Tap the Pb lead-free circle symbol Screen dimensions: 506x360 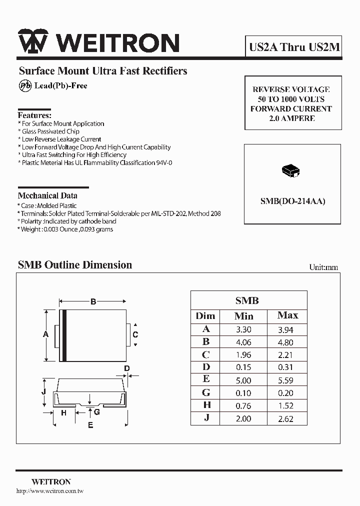pyautogui.click(x=25, y=86)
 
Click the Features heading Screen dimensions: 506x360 pyautogui.click(x=34, y=114)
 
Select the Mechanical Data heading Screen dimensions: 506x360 pyautogui.click(x=47, y=195)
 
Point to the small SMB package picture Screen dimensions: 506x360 pyautogui.click(x=292, y=170)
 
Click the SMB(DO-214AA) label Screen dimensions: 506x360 pyautogui.click(x=292, y=201)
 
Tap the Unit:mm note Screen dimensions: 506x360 pyautogui.click(x=323, y=267)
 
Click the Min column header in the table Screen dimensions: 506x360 pyautogui.click(x=243, y=316)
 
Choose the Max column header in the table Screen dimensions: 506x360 pyautogui.click(x=287, y=315)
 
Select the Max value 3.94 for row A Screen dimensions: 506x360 pyautogui.click(x=285, y=329)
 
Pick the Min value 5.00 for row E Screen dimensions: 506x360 pyautogui.click(x=243, y=380)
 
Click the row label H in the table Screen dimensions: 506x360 pyautogui.click(x=206, y=405)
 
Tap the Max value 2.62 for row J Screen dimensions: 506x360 pyautogui.click(x=285, y=419)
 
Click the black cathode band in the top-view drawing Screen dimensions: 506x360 pyautogui.click(x=64, y=334)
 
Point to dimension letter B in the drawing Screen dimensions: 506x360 pyautogui.click(x=93, y=301)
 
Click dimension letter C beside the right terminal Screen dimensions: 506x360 pyautogui.click(x=135, y=334)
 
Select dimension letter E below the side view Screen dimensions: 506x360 pyautogui.click(x=90, y=425)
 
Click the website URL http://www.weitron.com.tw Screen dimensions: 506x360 pyautogui.click(x=50, y=491)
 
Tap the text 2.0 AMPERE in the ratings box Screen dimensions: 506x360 pyautogui.click(x=291, y=118)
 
